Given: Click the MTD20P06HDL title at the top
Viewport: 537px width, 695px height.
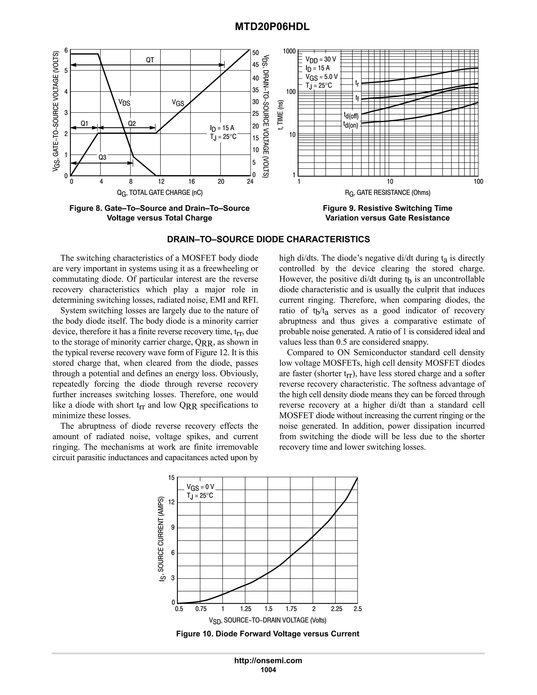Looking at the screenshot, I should [x=272, y=27].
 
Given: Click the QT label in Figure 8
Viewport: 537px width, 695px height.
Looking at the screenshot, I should [x=150, y=60].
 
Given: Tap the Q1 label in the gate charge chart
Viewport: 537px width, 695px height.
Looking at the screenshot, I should [x=84, y=124].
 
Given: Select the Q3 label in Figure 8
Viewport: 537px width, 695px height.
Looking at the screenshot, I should [x=102, y=157].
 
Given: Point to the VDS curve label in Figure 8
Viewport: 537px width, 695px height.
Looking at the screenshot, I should [x=124, y=103].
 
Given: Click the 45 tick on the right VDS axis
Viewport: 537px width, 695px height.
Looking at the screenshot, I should [x=255, y=65].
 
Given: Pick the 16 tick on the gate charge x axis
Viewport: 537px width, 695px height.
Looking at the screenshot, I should [x=191, y=182].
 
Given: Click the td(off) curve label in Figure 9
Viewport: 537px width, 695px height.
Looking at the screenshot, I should [x=351, y=115].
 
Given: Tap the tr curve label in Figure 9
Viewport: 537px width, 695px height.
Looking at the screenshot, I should [x=357, y=83].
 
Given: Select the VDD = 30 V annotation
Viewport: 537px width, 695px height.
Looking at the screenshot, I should [x=321, y=59].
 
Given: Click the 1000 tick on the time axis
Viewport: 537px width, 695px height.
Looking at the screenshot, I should [x=289, y=51].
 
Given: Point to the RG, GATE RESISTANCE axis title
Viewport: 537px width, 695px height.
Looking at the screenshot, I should [x=388, y=193].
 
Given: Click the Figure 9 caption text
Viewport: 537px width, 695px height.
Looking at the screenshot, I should [x=388, y=213].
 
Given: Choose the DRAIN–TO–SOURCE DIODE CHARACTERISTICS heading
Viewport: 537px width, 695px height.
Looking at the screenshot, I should [x=268, y=239].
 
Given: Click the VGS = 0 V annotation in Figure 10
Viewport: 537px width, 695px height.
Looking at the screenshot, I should [x=200, y=487].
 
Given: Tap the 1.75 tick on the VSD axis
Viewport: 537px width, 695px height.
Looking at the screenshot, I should [x=291, y=609].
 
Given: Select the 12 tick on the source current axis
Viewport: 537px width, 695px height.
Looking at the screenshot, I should [x=171, y=502].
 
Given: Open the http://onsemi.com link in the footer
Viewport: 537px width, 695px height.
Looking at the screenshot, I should [x=268, y=660].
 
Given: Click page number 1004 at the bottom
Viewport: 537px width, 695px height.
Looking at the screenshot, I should [x=268, y=670].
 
